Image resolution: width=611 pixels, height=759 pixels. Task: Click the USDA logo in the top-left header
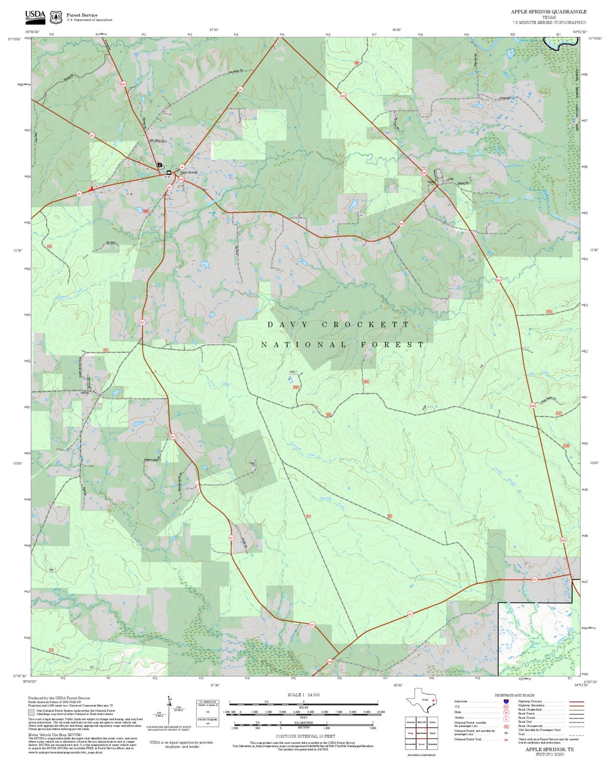tap(35, 16)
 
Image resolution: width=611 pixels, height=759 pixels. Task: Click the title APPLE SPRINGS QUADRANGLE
tap(548, 12)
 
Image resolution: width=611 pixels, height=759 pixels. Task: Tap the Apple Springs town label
tap(189, 172)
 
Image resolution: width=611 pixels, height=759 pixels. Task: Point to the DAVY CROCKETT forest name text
tap(338, 325)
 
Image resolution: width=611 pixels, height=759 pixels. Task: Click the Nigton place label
tap(431, 182)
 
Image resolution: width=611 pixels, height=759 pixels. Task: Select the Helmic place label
tap(85, 393)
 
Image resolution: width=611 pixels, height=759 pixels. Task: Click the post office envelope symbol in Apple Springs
tap(169, 173)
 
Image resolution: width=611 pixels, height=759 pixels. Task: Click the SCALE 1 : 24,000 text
tap(303, 695)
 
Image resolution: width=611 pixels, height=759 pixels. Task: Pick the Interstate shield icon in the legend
tap(506, 701)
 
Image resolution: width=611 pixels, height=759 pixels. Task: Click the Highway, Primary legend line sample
tap(576, 701)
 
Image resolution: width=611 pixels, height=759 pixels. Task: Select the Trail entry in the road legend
tap(522, 734)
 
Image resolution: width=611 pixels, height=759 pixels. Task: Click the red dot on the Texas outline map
tap(433, 700)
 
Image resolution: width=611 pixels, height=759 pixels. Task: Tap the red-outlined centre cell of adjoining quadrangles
tap(421, 733)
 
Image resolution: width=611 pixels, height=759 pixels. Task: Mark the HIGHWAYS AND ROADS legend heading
tap(515, 695)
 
